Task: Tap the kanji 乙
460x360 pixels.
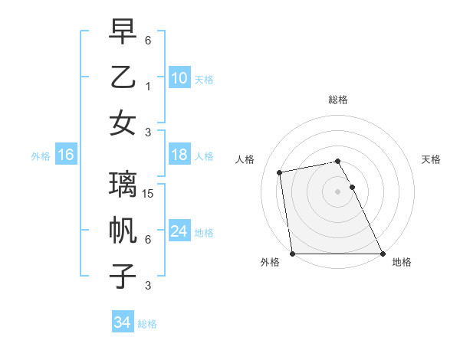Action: point(123,77)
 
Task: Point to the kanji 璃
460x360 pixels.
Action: point(123,185)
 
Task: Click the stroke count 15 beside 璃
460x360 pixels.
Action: point(149,195)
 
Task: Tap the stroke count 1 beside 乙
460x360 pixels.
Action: point(147,87)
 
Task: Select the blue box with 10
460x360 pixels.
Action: point(179,77)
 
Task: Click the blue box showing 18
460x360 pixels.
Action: point(179,155)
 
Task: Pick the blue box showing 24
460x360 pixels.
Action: point(179,231)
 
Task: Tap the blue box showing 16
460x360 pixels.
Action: point(65,155)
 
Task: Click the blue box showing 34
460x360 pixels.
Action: point(122,322)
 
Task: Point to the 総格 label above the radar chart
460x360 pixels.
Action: point(337,100)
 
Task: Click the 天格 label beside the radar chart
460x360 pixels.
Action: point(431,159)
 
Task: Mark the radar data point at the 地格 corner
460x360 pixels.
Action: point(383,254)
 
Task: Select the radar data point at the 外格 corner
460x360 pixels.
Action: point(292,254)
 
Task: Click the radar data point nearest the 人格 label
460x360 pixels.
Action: point(281,172)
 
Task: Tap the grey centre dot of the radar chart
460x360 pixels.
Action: point(337,191)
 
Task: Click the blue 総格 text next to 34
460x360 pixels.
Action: point(147,324)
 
